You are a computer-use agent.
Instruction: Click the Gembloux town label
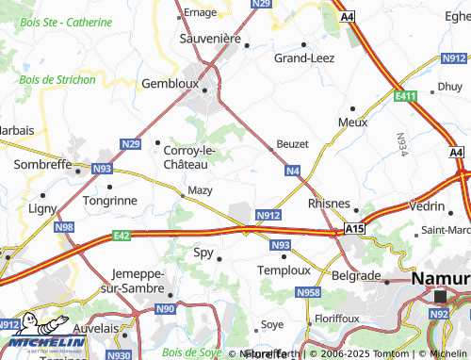(x=171, y=83)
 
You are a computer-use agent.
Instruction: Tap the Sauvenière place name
(x=210, y=39)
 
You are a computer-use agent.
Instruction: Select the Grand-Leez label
(x=303, y=57)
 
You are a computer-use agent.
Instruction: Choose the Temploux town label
(x=284, y=270)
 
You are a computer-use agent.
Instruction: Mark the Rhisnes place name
(x=329, y=203)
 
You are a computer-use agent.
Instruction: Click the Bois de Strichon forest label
(x=56, y=79)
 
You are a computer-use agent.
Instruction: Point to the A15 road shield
(x=353, y=228)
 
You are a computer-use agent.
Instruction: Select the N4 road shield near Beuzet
(x=293, y=171)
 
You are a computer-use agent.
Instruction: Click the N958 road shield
(x=308, y=293)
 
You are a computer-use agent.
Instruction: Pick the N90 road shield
(x=166, y=308)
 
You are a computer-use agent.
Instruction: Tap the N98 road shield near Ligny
(x=64, y=227)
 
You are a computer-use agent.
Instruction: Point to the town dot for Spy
(x=219, y=257)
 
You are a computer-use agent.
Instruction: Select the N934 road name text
(x=402, y=142)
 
